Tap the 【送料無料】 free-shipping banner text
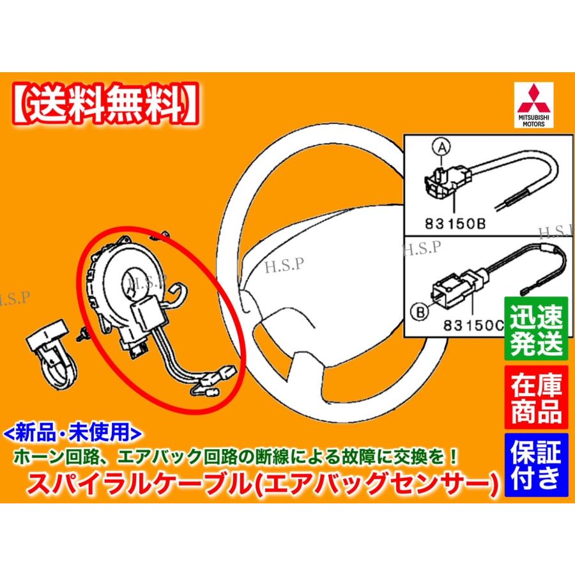103,100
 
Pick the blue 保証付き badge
536,464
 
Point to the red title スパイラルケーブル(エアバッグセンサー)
261,479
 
